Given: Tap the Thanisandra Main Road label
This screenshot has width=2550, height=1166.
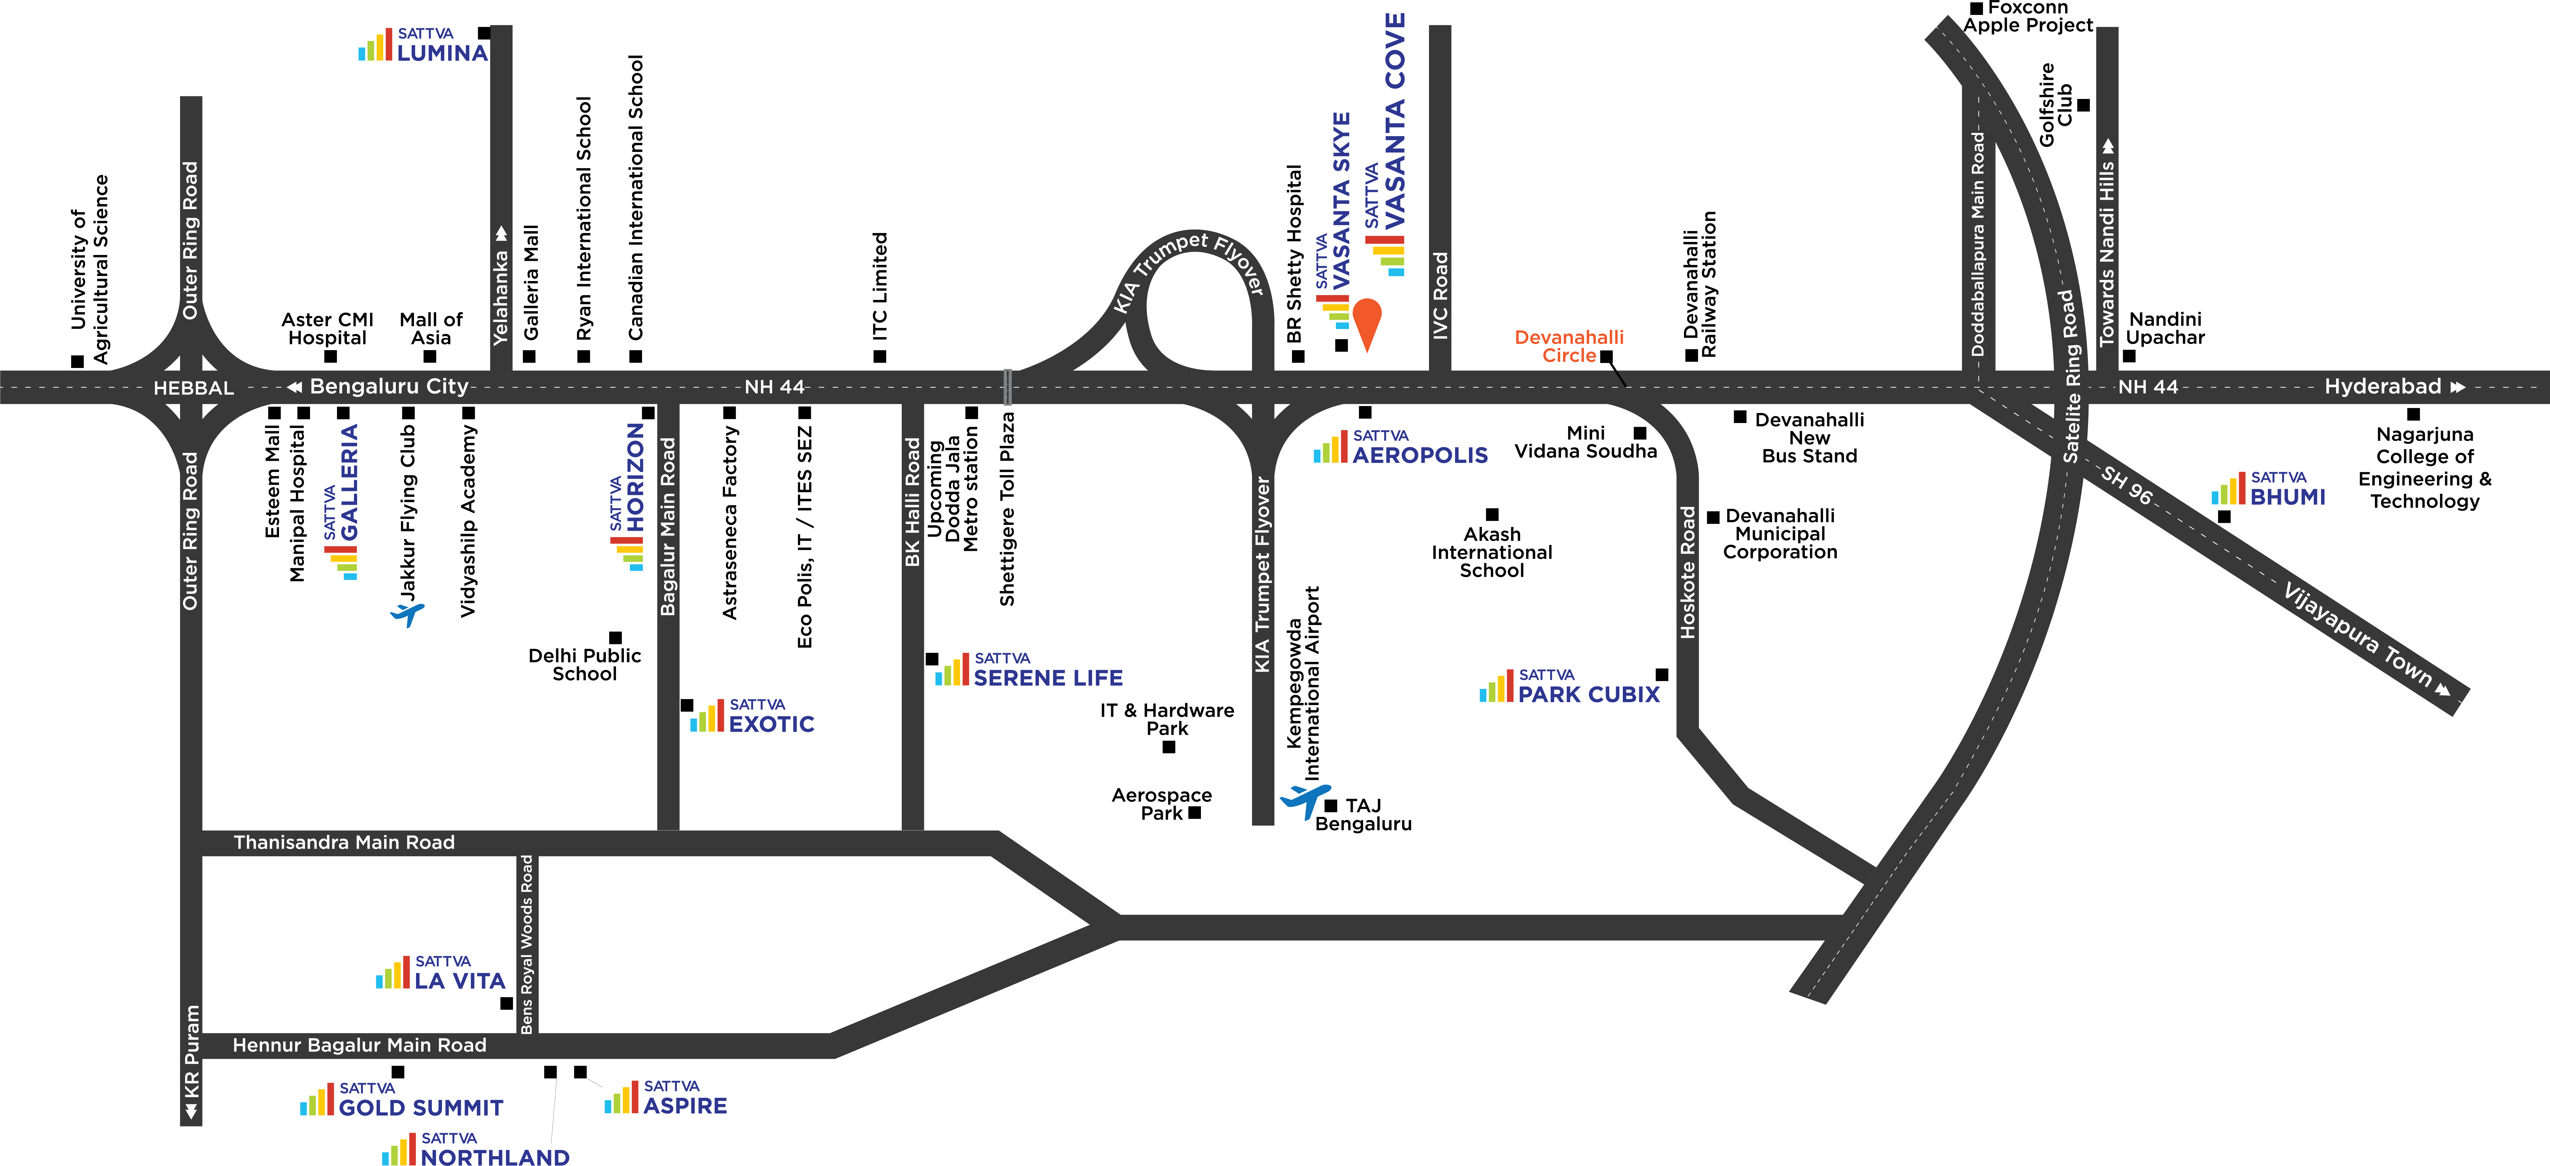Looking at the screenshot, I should (343, 842).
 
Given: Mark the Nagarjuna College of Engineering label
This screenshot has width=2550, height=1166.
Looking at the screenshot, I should (2424, 467).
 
